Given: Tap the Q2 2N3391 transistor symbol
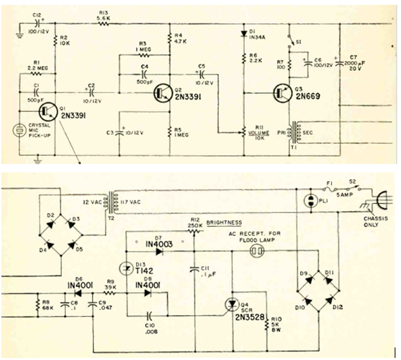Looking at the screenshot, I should coord(162,93).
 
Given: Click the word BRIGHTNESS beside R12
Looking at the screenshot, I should coord(225,222).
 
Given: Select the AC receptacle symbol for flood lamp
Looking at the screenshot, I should coord(256,251).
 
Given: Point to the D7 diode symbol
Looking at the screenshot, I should coord(159,251).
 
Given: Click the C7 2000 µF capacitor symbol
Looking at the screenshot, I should coord(339,63).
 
